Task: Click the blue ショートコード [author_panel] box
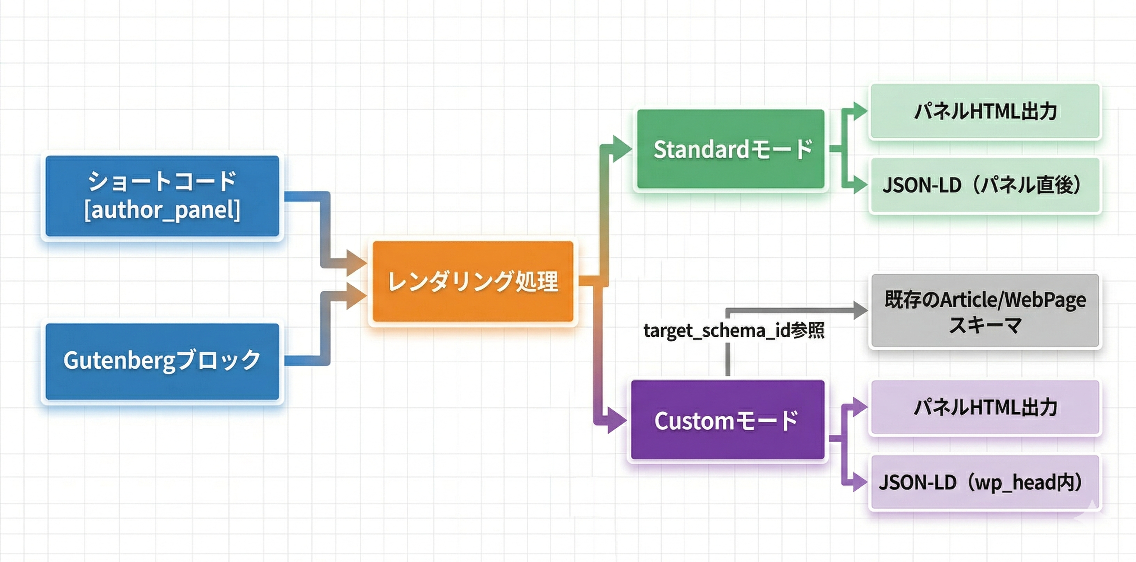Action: tap(162, 196)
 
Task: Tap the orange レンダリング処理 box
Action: tap(473, 281)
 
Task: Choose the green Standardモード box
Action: tap(731, 149)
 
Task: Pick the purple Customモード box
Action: tap(728, 420)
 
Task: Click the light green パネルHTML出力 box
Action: tap(985, 111)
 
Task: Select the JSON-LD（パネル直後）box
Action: tap(985, 185)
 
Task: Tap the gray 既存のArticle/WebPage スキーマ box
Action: tap(985, 311)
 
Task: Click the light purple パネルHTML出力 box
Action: tap(985, 407)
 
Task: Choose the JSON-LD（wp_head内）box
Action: tap(985, 482)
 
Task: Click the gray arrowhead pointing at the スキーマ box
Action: tap(860, 310)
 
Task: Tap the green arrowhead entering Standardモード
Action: tap(622, 149)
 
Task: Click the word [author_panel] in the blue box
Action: tap(162, 210)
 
